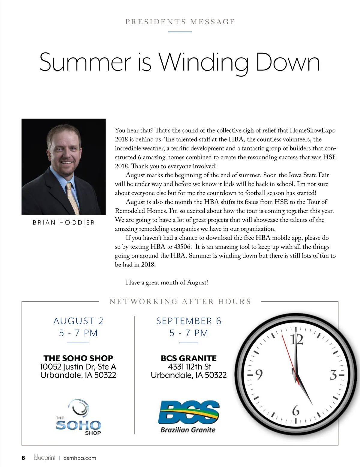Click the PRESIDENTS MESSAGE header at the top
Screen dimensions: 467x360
pyautogui.click(x=180, y=22)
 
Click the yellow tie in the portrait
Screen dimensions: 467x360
pyautogui.click(x=72, y=198)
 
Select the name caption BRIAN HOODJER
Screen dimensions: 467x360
pyautogui.click(x=64, y=223)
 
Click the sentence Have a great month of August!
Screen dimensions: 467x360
pyautogui.click(x=166, y=283)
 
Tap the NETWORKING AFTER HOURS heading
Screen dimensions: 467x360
pyautogui.click(x=180, y=302)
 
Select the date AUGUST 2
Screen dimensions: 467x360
pyautogui.click(x=78, y=321)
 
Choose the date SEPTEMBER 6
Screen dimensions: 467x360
pyautogui.click(x=189, y=321)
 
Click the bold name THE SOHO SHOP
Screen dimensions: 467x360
pyautogui.click(x=78, y=358)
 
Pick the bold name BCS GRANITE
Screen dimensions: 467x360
pyautogui.click(x=189, y=358)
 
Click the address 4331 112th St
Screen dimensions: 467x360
pyautogui.click(x=189, y=367)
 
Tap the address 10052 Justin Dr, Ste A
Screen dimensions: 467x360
pyautogui.click(x=78, y=367)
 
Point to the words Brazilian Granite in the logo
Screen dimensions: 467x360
pyautogui.click(x=188, y=430)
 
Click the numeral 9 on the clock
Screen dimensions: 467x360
pyautogui.click(x=259, y=374)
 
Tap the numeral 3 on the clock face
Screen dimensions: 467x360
pyautogui.click(x=333, y=375)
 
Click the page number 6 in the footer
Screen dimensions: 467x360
pyautogui.click(x=23, y=458)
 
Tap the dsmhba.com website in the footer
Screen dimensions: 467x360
pyautogui.click(x=80, y=458)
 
